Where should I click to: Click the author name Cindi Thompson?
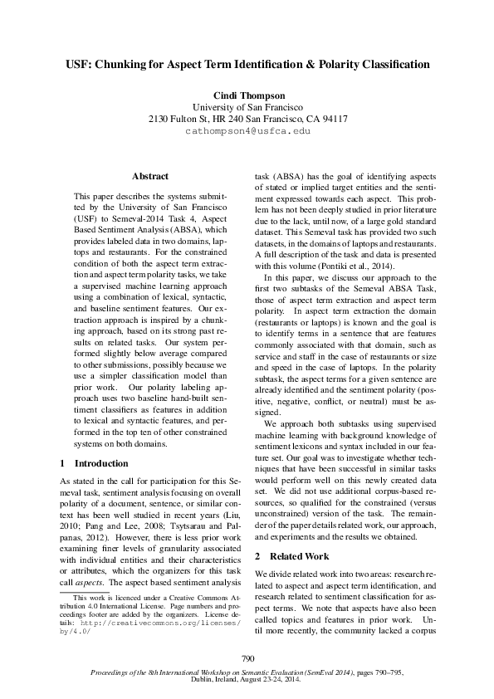247,95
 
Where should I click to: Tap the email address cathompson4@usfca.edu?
247,131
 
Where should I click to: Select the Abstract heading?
150,176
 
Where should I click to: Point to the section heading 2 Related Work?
291,555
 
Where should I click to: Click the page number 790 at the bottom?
247,658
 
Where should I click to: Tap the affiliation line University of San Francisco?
247,107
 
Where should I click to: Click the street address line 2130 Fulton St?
247,119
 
